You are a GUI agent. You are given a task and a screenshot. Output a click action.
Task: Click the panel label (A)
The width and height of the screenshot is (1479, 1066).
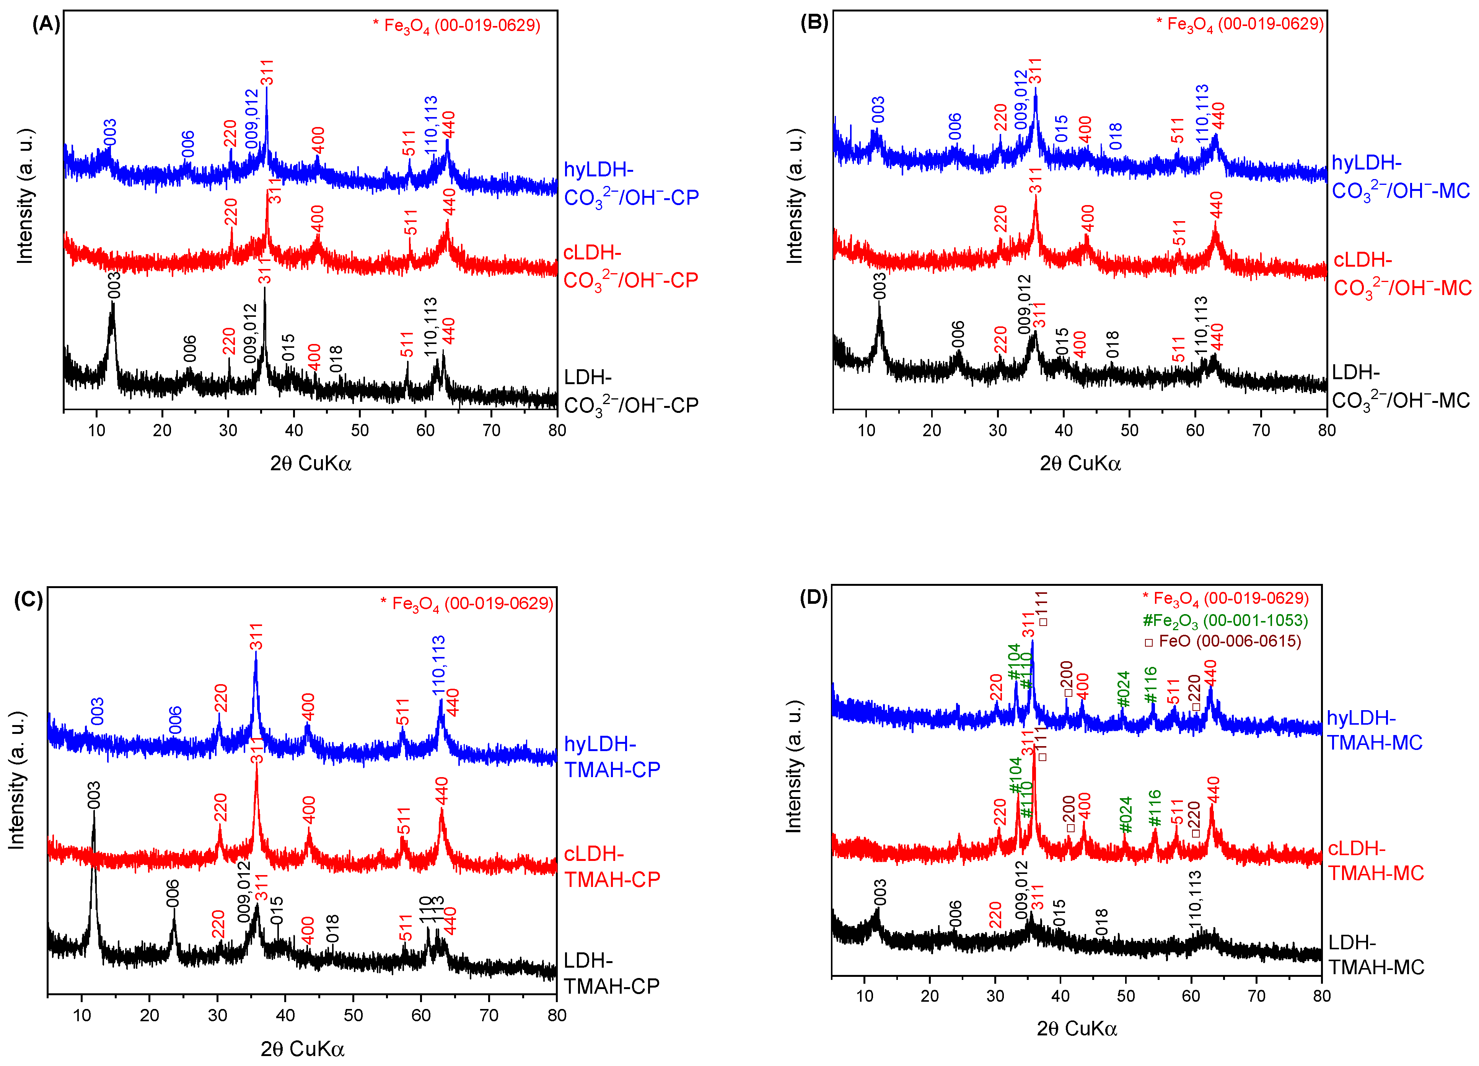click(46, 24)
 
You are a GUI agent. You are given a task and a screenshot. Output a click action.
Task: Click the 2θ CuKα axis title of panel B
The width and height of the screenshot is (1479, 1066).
click(1080, 464)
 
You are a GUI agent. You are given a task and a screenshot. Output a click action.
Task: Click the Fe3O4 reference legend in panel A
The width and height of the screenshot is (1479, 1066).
click(456, 26)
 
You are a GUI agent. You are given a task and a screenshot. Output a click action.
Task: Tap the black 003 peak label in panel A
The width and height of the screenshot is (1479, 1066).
click(114, 285)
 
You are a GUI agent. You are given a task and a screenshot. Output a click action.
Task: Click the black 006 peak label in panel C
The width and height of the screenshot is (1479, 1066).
click(173, 892)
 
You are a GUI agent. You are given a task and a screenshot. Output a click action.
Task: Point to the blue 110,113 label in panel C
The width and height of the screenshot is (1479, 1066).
click(438, 665)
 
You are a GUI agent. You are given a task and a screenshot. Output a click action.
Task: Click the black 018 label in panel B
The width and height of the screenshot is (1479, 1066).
click(1113, 344)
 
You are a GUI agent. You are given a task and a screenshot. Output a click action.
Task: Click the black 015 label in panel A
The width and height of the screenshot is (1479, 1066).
click(288, 347)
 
